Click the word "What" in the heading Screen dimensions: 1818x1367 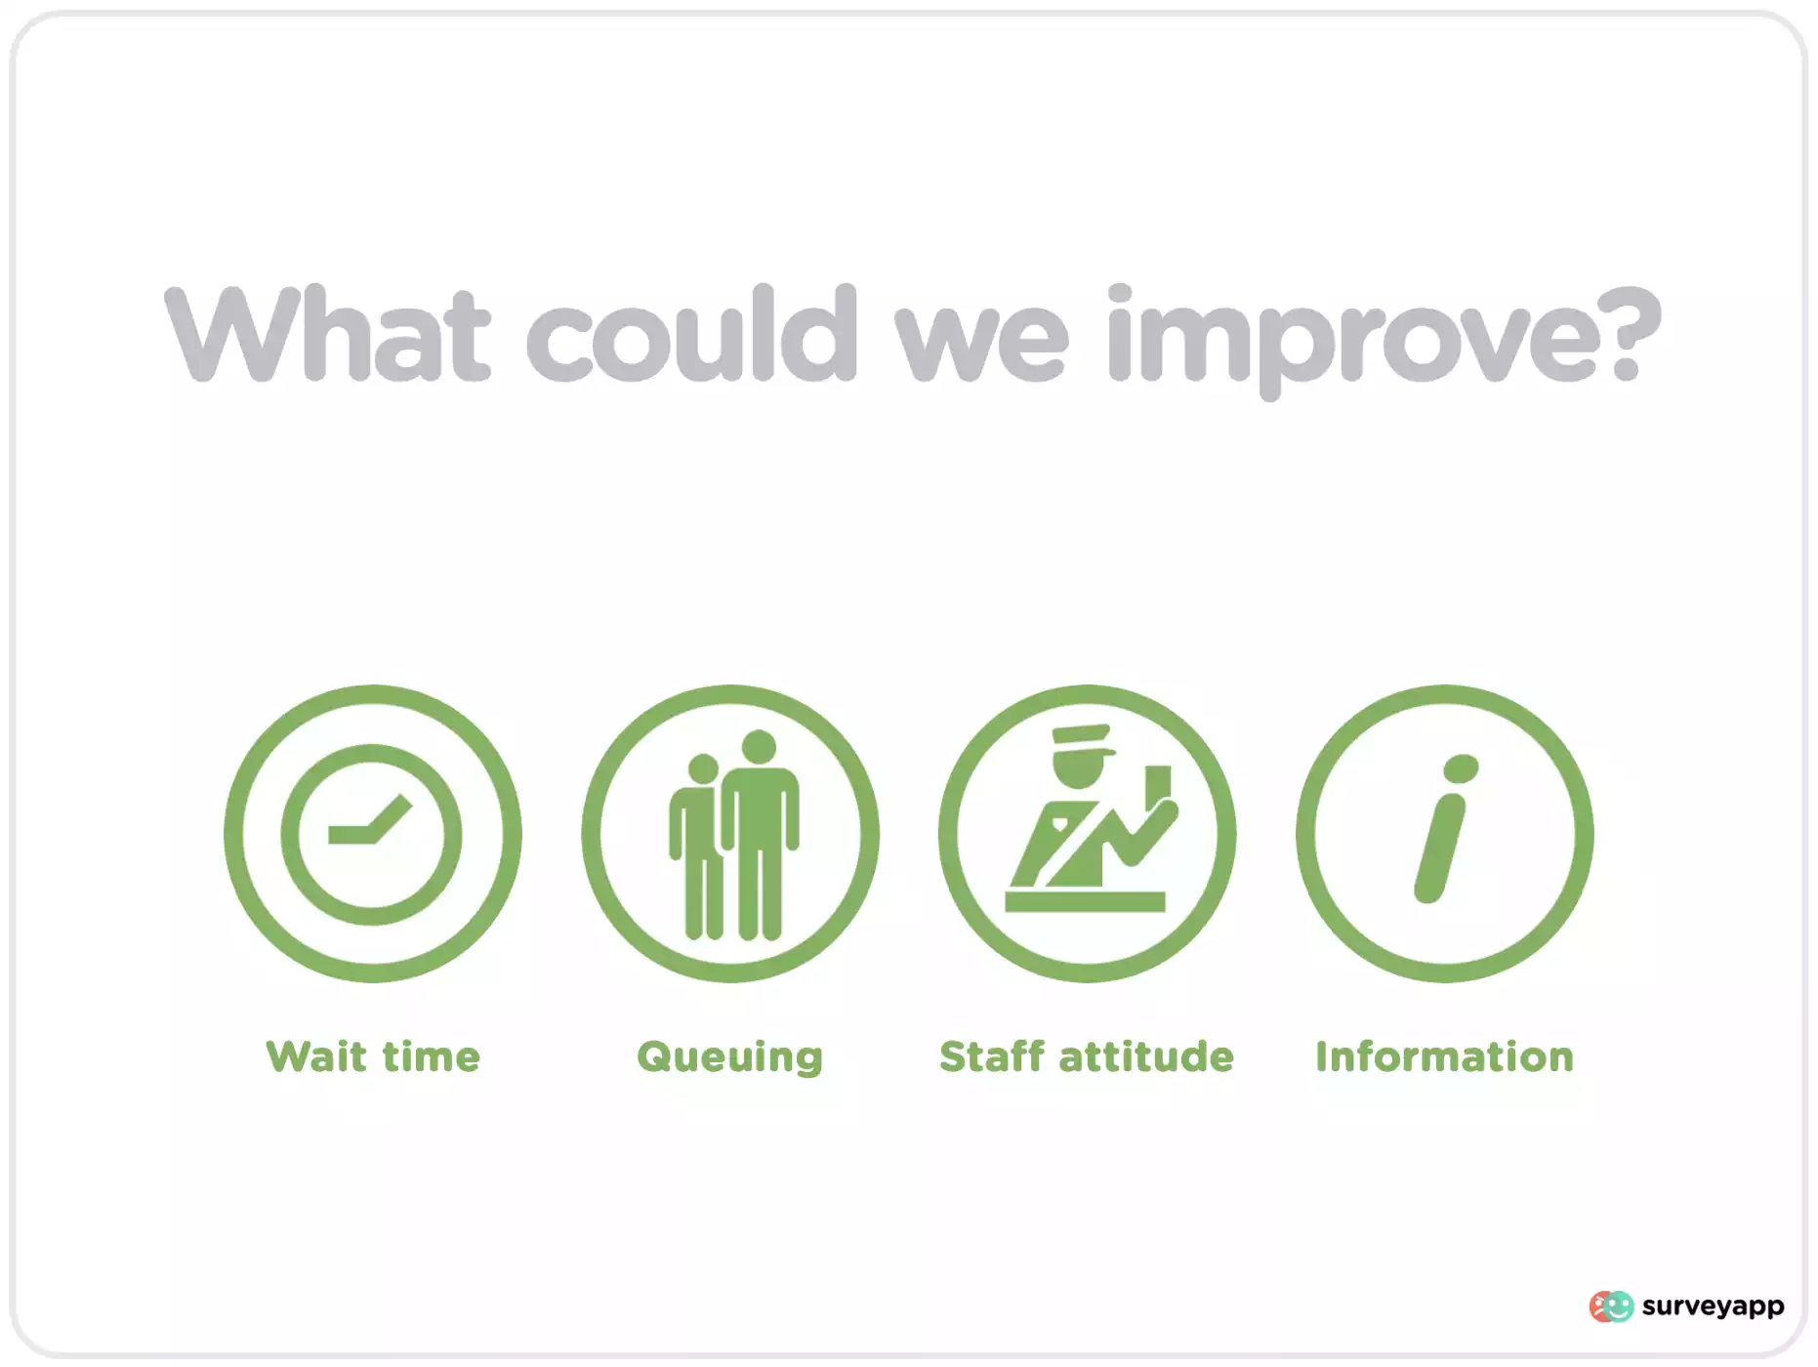pos(328,333)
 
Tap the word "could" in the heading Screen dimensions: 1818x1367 pos(692,333)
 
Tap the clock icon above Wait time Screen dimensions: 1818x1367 pos(372,834)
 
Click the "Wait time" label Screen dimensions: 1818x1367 pos(373,1056)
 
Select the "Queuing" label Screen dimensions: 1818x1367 pos(729,1058)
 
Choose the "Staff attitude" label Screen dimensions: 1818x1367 pos(1087,1056)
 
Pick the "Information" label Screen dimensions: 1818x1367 pos(1445,1056)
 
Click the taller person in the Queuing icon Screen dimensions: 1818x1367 pos(760,836)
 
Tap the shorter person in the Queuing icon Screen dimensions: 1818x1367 pos(697,846)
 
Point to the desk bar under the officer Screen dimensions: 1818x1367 pos(1085,901)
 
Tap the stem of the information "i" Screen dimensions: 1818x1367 pos(1439,848)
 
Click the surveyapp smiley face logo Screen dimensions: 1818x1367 pos(1611,1306)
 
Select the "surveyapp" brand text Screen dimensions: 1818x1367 pos(1714,1307)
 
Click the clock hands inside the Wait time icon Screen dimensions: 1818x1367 pos(370,820)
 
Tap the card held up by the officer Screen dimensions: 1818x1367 pos(1158,783)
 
